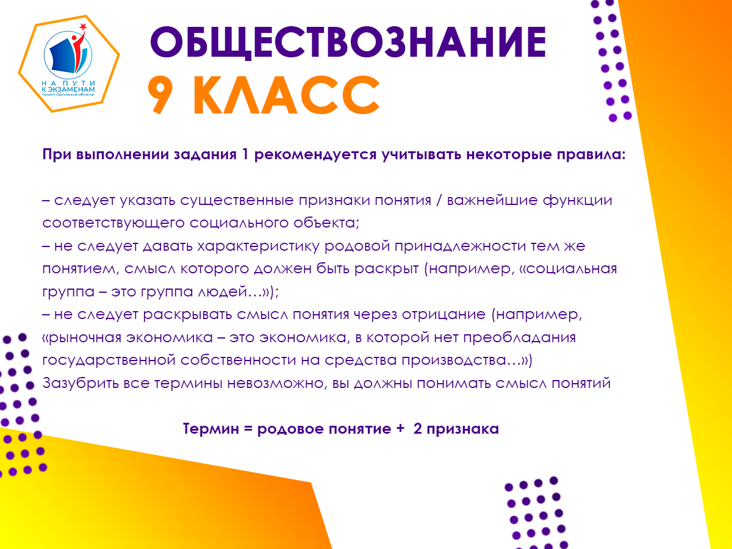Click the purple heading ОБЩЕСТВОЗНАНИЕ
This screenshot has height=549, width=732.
point(348,43)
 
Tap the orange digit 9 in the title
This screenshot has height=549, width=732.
point(160,95)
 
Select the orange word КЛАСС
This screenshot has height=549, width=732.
point(287,95)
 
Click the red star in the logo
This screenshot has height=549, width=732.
point(83,27)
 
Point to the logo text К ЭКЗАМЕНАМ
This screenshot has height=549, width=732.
point(68,89)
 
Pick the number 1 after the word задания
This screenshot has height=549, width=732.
point(245,155)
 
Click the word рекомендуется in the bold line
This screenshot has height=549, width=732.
point(315,156)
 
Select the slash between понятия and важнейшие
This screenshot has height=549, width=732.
point(439,201)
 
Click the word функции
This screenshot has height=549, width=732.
point(578,201)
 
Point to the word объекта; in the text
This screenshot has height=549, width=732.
point(326,223)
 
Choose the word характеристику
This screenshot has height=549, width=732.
point(259,246)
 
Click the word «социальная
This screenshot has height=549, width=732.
point(569,268)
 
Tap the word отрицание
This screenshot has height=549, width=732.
point(443,315)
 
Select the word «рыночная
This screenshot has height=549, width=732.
point(82,338)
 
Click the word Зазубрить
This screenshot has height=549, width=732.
point(81,383)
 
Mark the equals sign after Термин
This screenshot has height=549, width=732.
point(248,429)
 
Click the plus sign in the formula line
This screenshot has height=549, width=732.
point(400,429)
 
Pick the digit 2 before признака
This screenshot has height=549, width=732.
point(417,429)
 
